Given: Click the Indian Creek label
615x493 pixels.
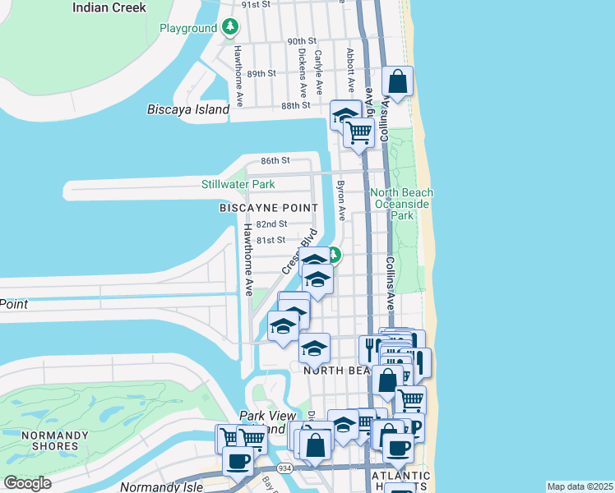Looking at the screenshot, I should pos(109,7).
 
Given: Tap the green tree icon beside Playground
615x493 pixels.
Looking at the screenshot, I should pos(230,28).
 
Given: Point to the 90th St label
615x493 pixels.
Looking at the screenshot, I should pos(302,41).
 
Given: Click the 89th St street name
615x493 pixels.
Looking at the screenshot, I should pos(261,73).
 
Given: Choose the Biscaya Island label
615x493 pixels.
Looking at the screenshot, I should pos(188,110).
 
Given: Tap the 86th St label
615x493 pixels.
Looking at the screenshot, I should pos(276,161).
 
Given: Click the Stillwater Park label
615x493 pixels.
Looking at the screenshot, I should pos(238,184).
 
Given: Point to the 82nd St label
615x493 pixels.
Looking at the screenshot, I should pos(271,224).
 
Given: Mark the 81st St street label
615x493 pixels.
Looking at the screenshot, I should pos(270,241).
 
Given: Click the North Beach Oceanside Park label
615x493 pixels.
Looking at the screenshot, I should pos(401,204).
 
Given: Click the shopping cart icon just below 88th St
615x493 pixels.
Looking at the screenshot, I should pos(358,131).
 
